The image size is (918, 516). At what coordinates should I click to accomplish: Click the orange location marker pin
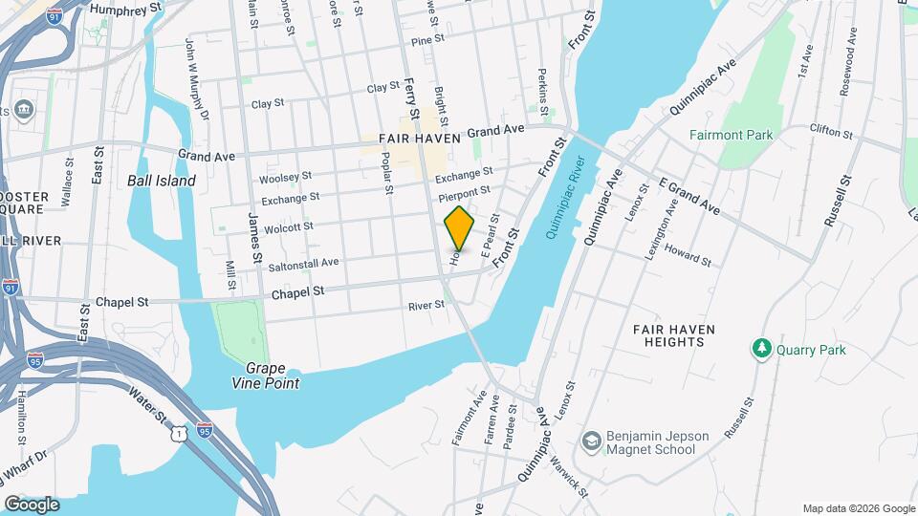[x=460, y=228]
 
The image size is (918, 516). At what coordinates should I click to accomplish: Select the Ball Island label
[x=162, y=181]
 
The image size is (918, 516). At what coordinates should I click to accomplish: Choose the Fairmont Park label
[x=731, y=136]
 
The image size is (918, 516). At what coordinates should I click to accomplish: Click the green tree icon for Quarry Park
[x=762, y=349]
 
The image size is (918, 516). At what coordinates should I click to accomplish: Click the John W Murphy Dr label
[x=196, y=79]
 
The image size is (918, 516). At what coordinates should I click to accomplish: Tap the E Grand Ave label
[x=688, y=195]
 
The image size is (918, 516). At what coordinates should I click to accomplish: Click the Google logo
[x=32, y=505]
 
